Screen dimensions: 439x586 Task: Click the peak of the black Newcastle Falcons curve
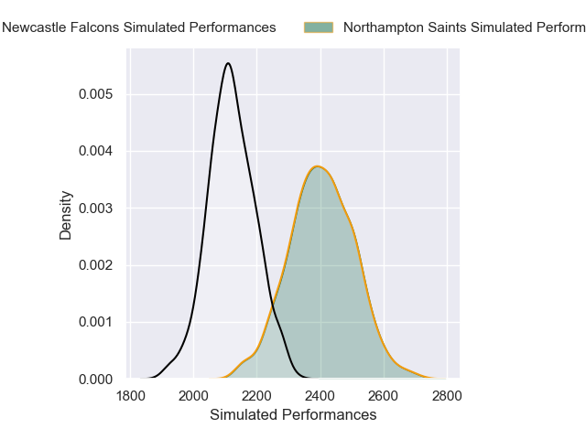pos(228,63)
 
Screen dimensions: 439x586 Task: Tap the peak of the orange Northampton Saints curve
pos(318,166)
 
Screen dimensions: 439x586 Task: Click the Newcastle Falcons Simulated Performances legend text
pos(139,27)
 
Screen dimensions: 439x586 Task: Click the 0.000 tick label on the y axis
pos(96,379)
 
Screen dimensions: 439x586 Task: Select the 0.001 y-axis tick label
pos(96,322)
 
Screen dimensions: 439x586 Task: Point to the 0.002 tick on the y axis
pos(96,265)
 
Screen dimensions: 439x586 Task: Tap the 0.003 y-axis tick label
pos(96,208)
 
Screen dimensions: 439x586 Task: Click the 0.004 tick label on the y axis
pos(96,151)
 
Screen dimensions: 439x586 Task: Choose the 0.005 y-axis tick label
pos(96,94)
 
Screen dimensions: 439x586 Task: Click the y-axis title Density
pos(66,214)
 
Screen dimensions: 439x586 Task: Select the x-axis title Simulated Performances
pos(293,415)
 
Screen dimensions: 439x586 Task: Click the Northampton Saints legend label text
pos(463,27)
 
